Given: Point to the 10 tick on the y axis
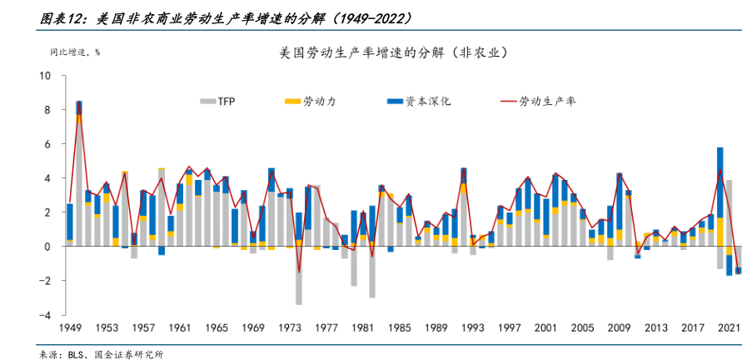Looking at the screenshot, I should (x=45, y=76).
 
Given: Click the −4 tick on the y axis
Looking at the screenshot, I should (x=45, y=315).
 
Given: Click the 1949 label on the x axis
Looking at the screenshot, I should (x=70, y=329).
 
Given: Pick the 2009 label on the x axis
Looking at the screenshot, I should (x=618, y=329).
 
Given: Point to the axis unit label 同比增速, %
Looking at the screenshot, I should (x=74, y=52).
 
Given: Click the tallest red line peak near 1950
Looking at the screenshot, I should (x=79, y=103).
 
